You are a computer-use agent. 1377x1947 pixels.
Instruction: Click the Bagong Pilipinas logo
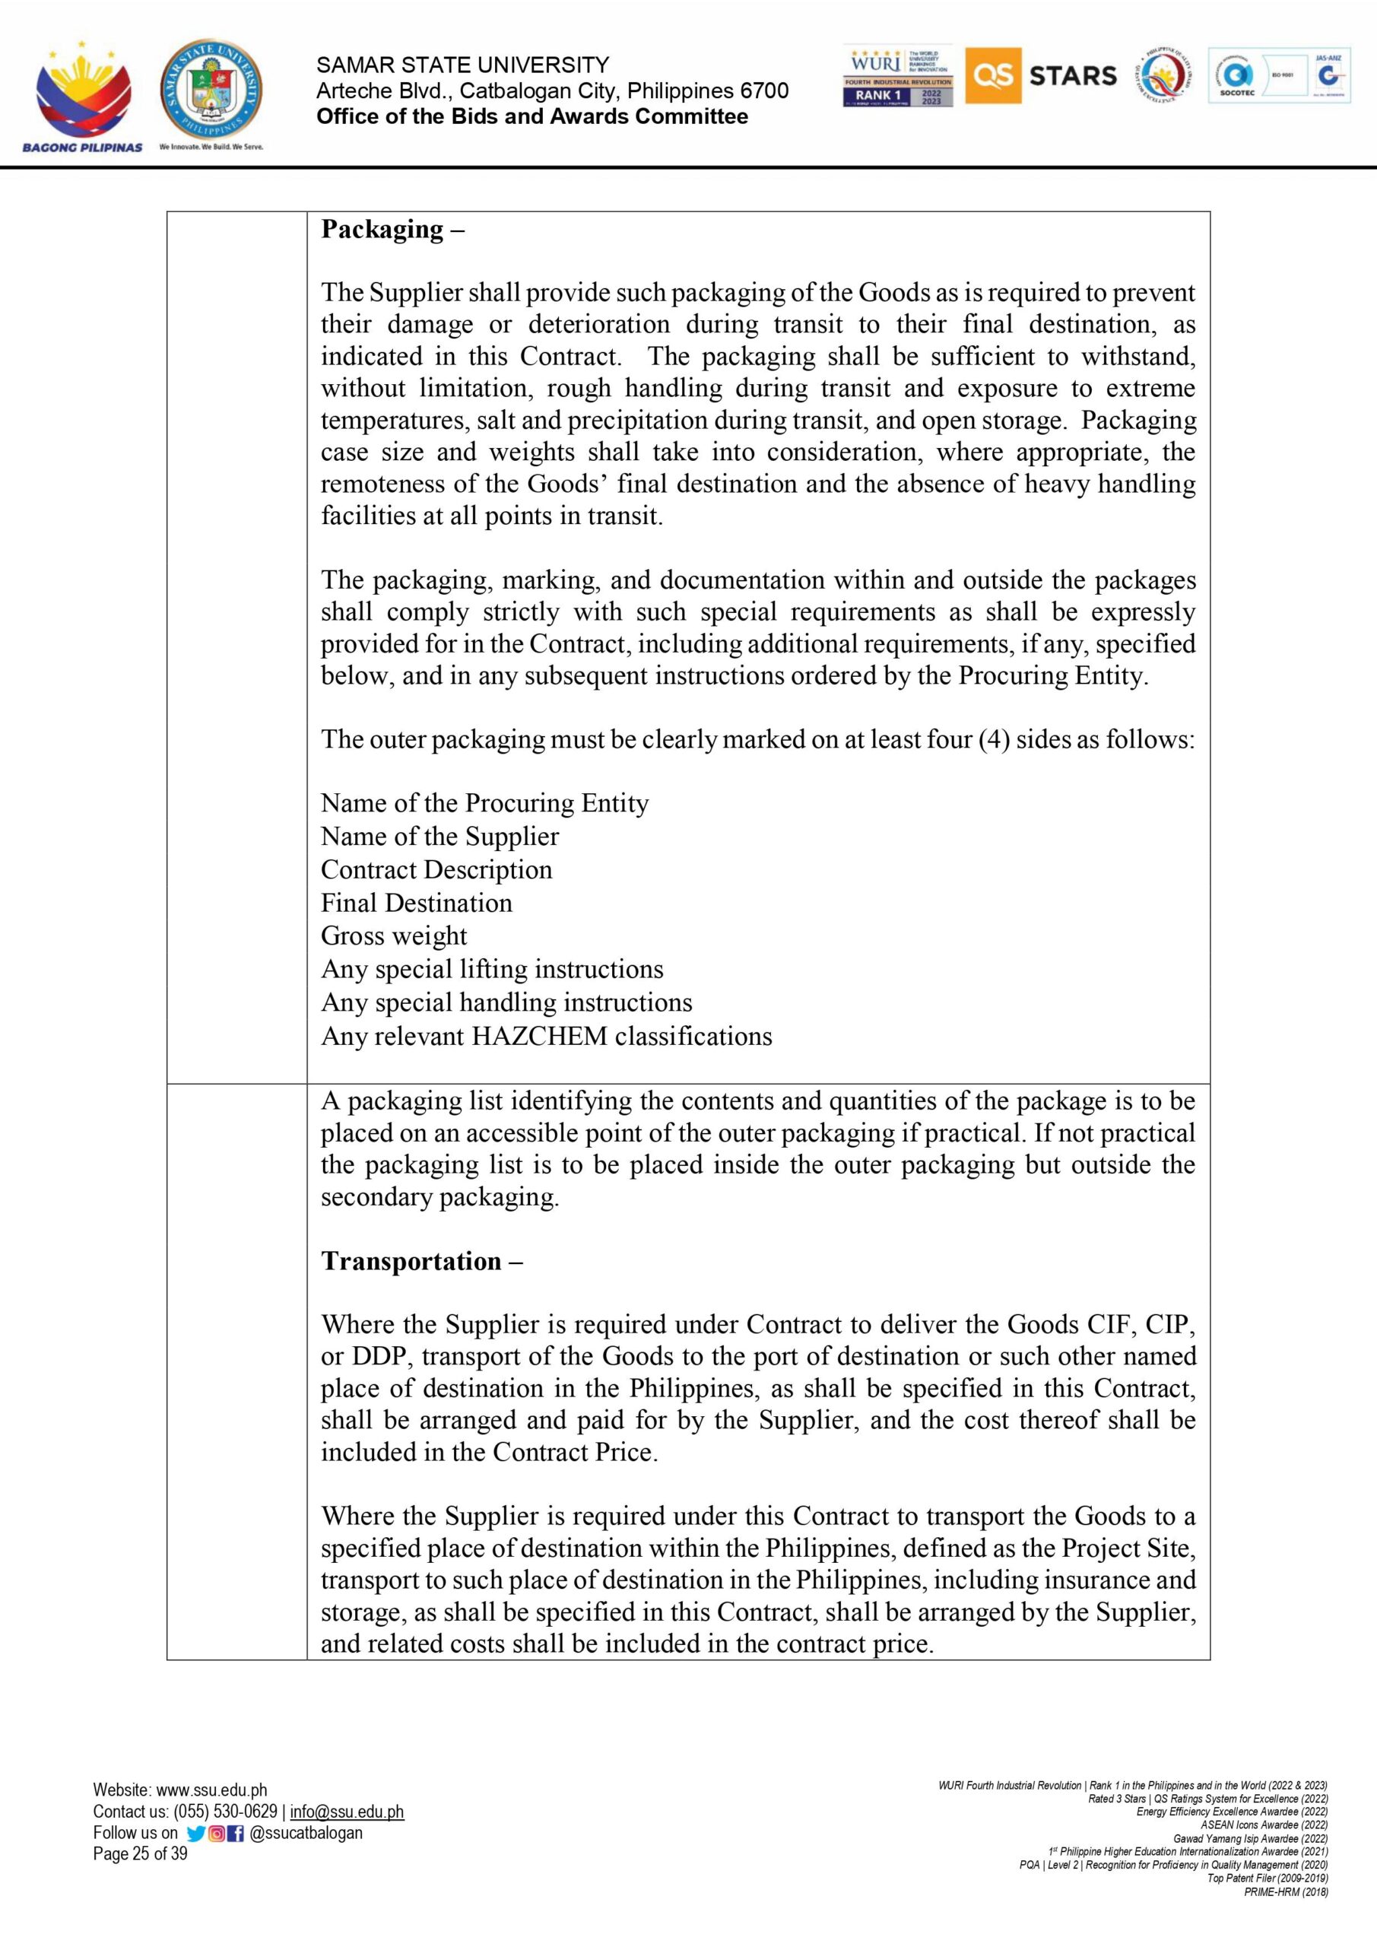[83, 95]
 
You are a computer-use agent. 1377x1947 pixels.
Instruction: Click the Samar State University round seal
[211, 90]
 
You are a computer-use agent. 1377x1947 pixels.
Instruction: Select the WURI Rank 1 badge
[898, 76]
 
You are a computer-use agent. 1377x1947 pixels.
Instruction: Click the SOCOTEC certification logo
[1236, 76]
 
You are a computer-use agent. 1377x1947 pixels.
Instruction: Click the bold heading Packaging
[382, 230]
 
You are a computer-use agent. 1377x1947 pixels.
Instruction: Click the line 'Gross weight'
[393, 935]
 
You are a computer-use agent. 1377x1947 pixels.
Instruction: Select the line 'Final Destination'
[417, 902]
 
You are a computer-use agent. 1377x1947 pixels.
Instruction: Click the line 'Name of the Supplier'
[439, 836]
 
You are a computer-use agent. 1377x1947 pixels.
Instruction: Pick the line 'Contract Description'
[436, 869]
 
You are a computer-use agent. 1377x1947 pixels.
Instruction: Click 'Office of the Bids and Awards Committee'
[531, 117]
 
